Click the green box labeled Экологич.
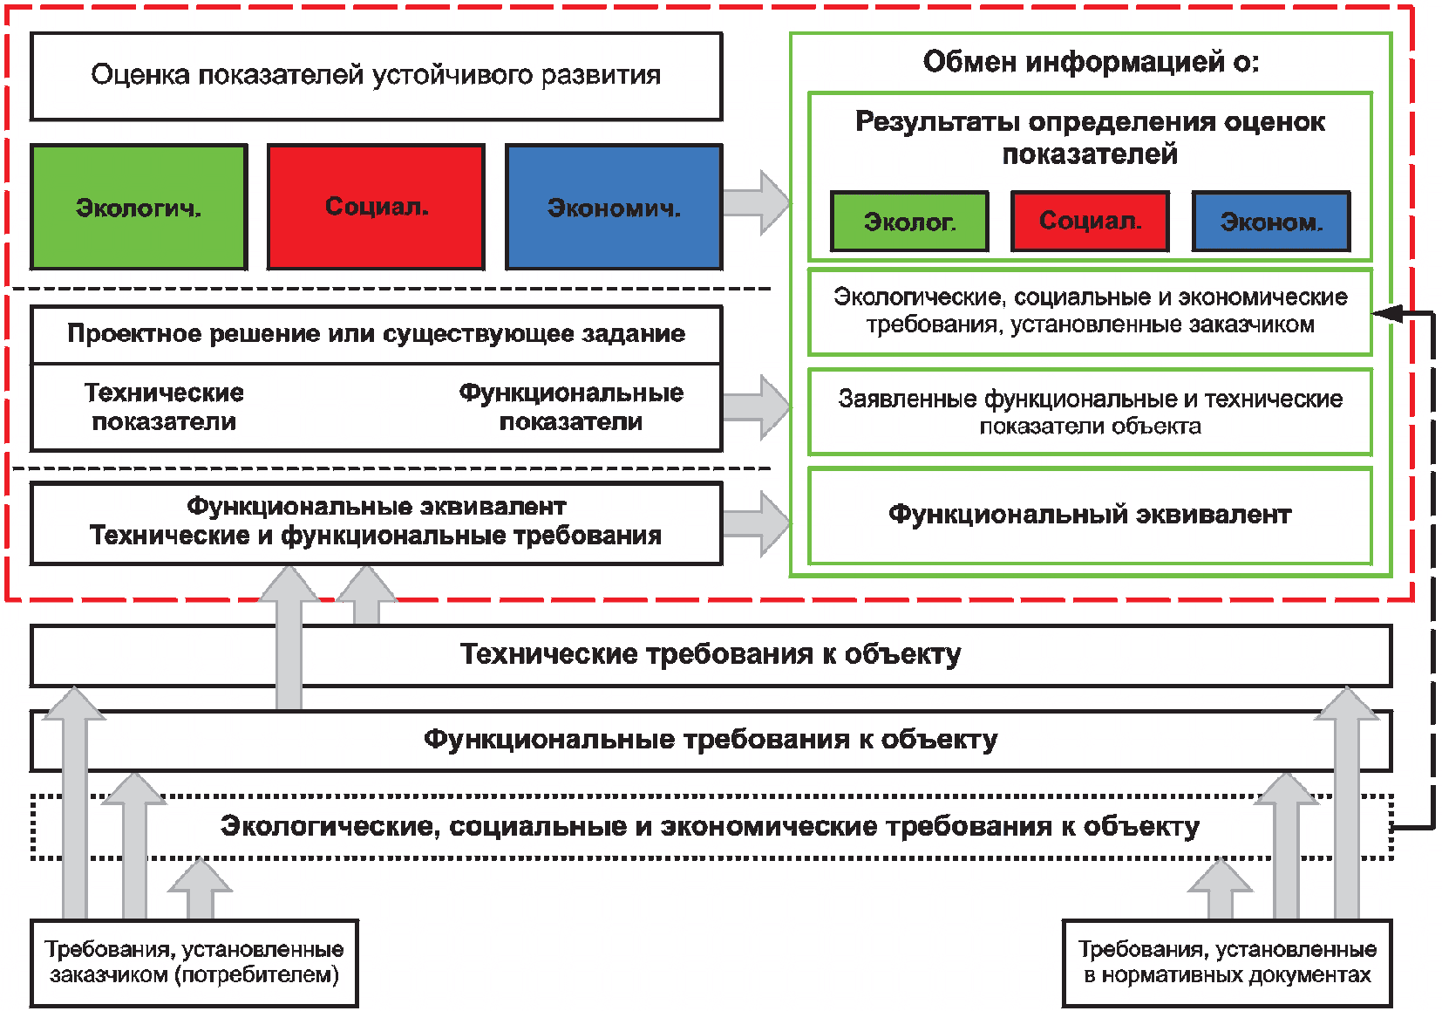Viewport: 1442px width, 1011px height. (x=139, y=207)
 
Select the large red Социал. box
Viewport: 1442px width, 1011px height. (x=376, y=207)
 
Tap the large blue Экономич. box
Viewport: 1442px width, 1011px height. (x=614, y=207)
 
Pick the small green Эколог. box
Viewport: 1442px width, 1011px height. (x=909, y=222)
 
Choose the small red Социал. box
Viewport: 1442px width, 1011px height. (x=1091, y=222)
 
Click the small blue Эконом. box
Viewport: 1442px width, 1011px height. (x=1271, y=222)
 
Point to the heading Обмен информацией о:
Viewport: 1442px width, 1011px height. (x=1091, y=62)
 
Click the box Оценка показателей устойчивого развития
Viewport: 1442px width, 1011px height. (x=377, y=76)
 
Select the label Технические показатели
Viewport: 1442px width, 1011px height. (x=164, y=406)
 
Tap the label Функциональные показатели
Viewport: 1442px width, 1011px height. (x=571, y=406)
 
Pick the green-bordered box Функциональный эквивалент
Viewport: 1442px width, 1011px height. (x=1091, y=516)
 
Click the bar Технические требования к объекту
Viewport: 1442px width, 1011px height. (x=711, y=655)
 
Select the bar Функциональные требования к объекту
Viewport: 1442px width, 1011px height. (x=711, y=741)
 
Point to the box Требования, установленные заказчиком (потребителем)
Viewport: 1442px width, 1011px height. (x=194, y=963)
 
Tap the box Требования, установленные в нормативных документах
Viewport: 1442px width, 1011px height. (x=1228, y=963)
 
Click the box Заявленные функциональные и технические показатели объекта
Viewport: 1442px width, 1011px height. (x=1091, y=412)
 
